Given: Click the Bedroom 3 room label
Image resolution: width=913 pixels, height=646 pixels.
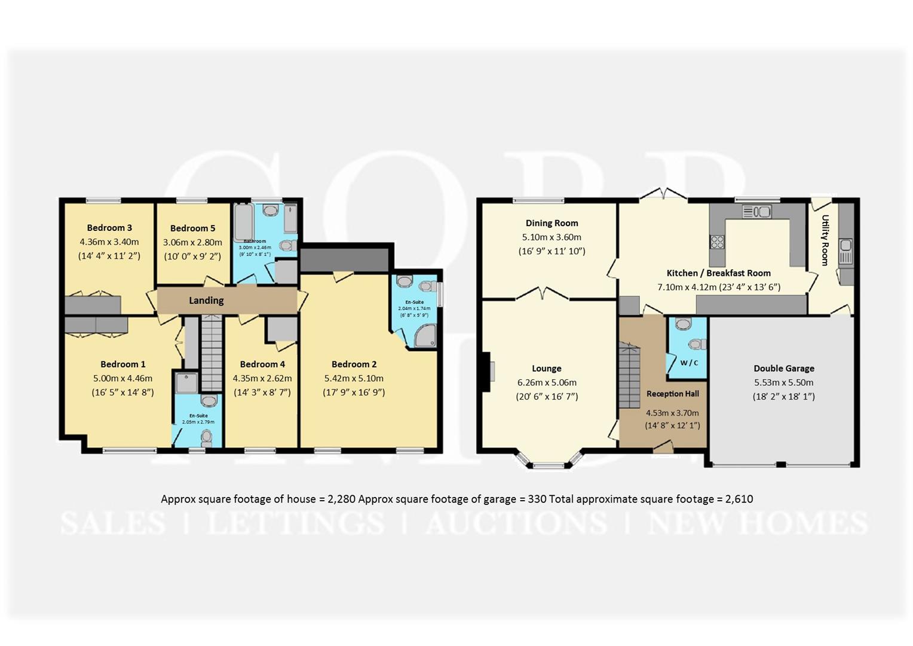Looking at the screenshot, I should click(109, 228).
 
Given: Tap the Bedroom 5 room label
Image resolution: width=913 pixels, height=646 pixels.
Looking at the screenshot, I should click(192, 228).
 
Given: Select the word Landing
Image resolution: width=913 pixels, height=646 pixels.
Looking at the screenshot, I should click(206, 300).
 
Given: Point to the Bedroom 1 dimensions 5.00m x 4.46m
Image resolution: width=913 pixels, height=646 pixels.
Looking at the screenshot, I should click(122, 378).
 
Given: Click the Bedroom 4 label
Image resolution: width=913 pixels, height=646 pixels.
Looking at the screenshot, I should click(262, 364).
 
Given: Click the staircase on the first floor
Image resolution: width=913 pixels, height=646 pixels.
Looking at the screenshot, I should click(210, 353).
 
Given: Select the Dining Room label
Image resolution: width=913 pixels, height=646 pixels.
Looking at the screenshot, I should click(552, 223).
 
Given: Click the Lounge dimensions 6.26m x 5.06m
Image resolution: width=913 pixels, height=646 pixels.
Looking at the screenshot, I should click(547, 383).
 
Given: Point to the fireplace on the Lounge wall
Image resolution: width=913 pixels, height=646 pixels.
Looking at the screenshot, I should click(487, 371).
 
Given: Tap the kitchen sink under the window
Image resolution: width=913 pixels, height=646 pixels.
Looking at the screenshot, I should click(756, 212).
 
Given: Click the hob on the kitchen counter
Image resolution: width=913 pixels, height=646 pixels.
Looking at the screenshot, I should click(716, 242).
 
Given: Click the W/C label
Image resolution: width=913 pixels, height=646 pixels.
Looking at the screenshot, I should click(689, 362).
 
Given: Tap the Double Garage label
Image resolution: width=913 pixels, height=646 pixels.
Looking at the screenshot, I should click(784, 368).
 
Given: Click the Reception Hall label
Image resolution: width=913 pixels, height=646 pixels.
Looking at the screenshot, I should click(672, 394).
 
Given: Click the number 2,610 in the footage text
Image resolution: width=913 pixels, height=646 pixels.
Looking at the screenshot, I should click(739, 499).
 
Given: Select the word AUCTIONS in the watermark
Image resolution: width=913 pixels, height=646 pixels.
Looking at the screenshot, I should click(516, 523).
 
